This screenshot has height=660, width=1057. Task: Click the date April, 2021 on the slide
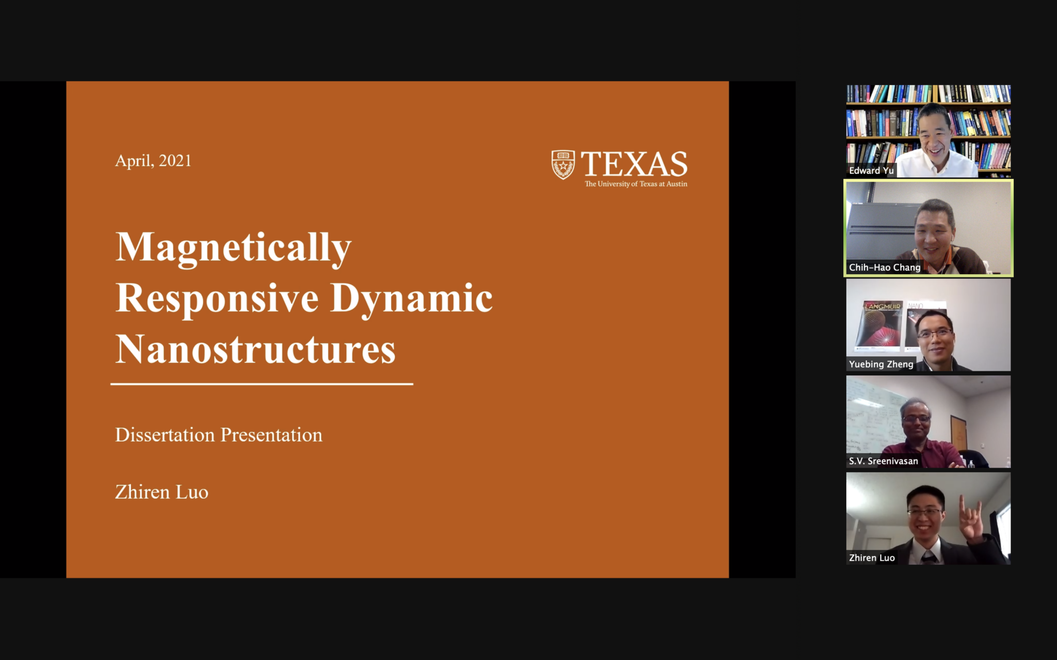pos(153,161)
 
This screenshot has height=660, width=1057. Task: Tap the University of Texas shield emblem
pos(563,164)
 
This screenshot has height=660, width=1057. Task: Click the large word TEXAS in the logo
pos(634,164)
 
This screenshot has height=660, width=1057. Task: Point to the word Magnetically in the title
pos(233,249)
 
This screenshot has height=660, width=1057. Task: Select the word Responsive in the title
pos(217,299)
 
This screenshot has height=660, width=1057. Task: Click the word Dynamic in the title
pos(411,299)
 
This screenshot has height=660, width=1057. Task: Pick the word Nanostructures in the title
pos(255,349)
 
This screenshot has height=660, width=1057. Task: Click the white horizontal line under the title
pos(262,384)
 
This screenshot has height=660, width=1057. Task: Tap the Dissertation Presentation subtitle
pos(218,435)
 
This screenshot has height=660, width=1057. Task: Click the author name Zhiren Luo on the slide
pos(162,492)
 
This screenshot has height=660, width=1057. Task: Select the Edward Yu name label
pos(871,171)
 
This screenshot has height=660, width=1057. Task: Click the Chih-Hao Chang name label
pos(885,267)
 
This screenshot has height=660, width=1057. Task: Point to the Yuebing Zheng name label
pos(881,364)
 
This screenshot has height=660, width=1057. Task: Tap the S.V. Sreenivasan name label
pos(883,461)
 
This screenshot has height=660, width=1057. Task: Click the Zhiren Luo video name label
pos(872,558)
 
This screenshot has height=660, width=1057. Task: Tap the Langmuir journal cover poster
pos(880,325)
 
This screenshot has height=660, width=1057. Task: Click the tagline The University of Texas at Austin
pos(636,184)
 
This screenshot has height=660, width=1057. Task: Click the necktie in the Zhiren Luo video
pos(927,557)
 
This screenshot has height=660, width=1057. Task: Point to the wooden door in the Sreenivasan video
pos(958,433)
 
